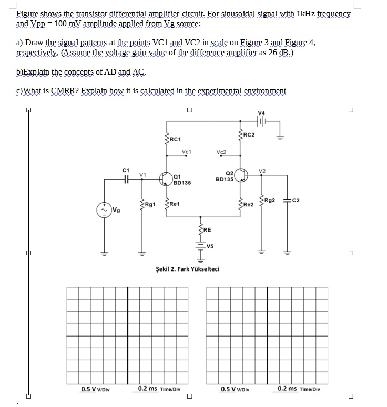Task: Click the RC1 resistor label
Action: point(176,139)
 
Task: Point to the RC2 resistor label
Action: point(249,135)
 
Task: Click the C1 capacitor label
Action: point(125,169)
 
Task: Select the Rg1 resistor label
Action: point(150,204)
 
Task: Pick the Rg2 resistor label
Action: point(270,200)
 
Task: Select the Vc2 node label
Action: point(221,152)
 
